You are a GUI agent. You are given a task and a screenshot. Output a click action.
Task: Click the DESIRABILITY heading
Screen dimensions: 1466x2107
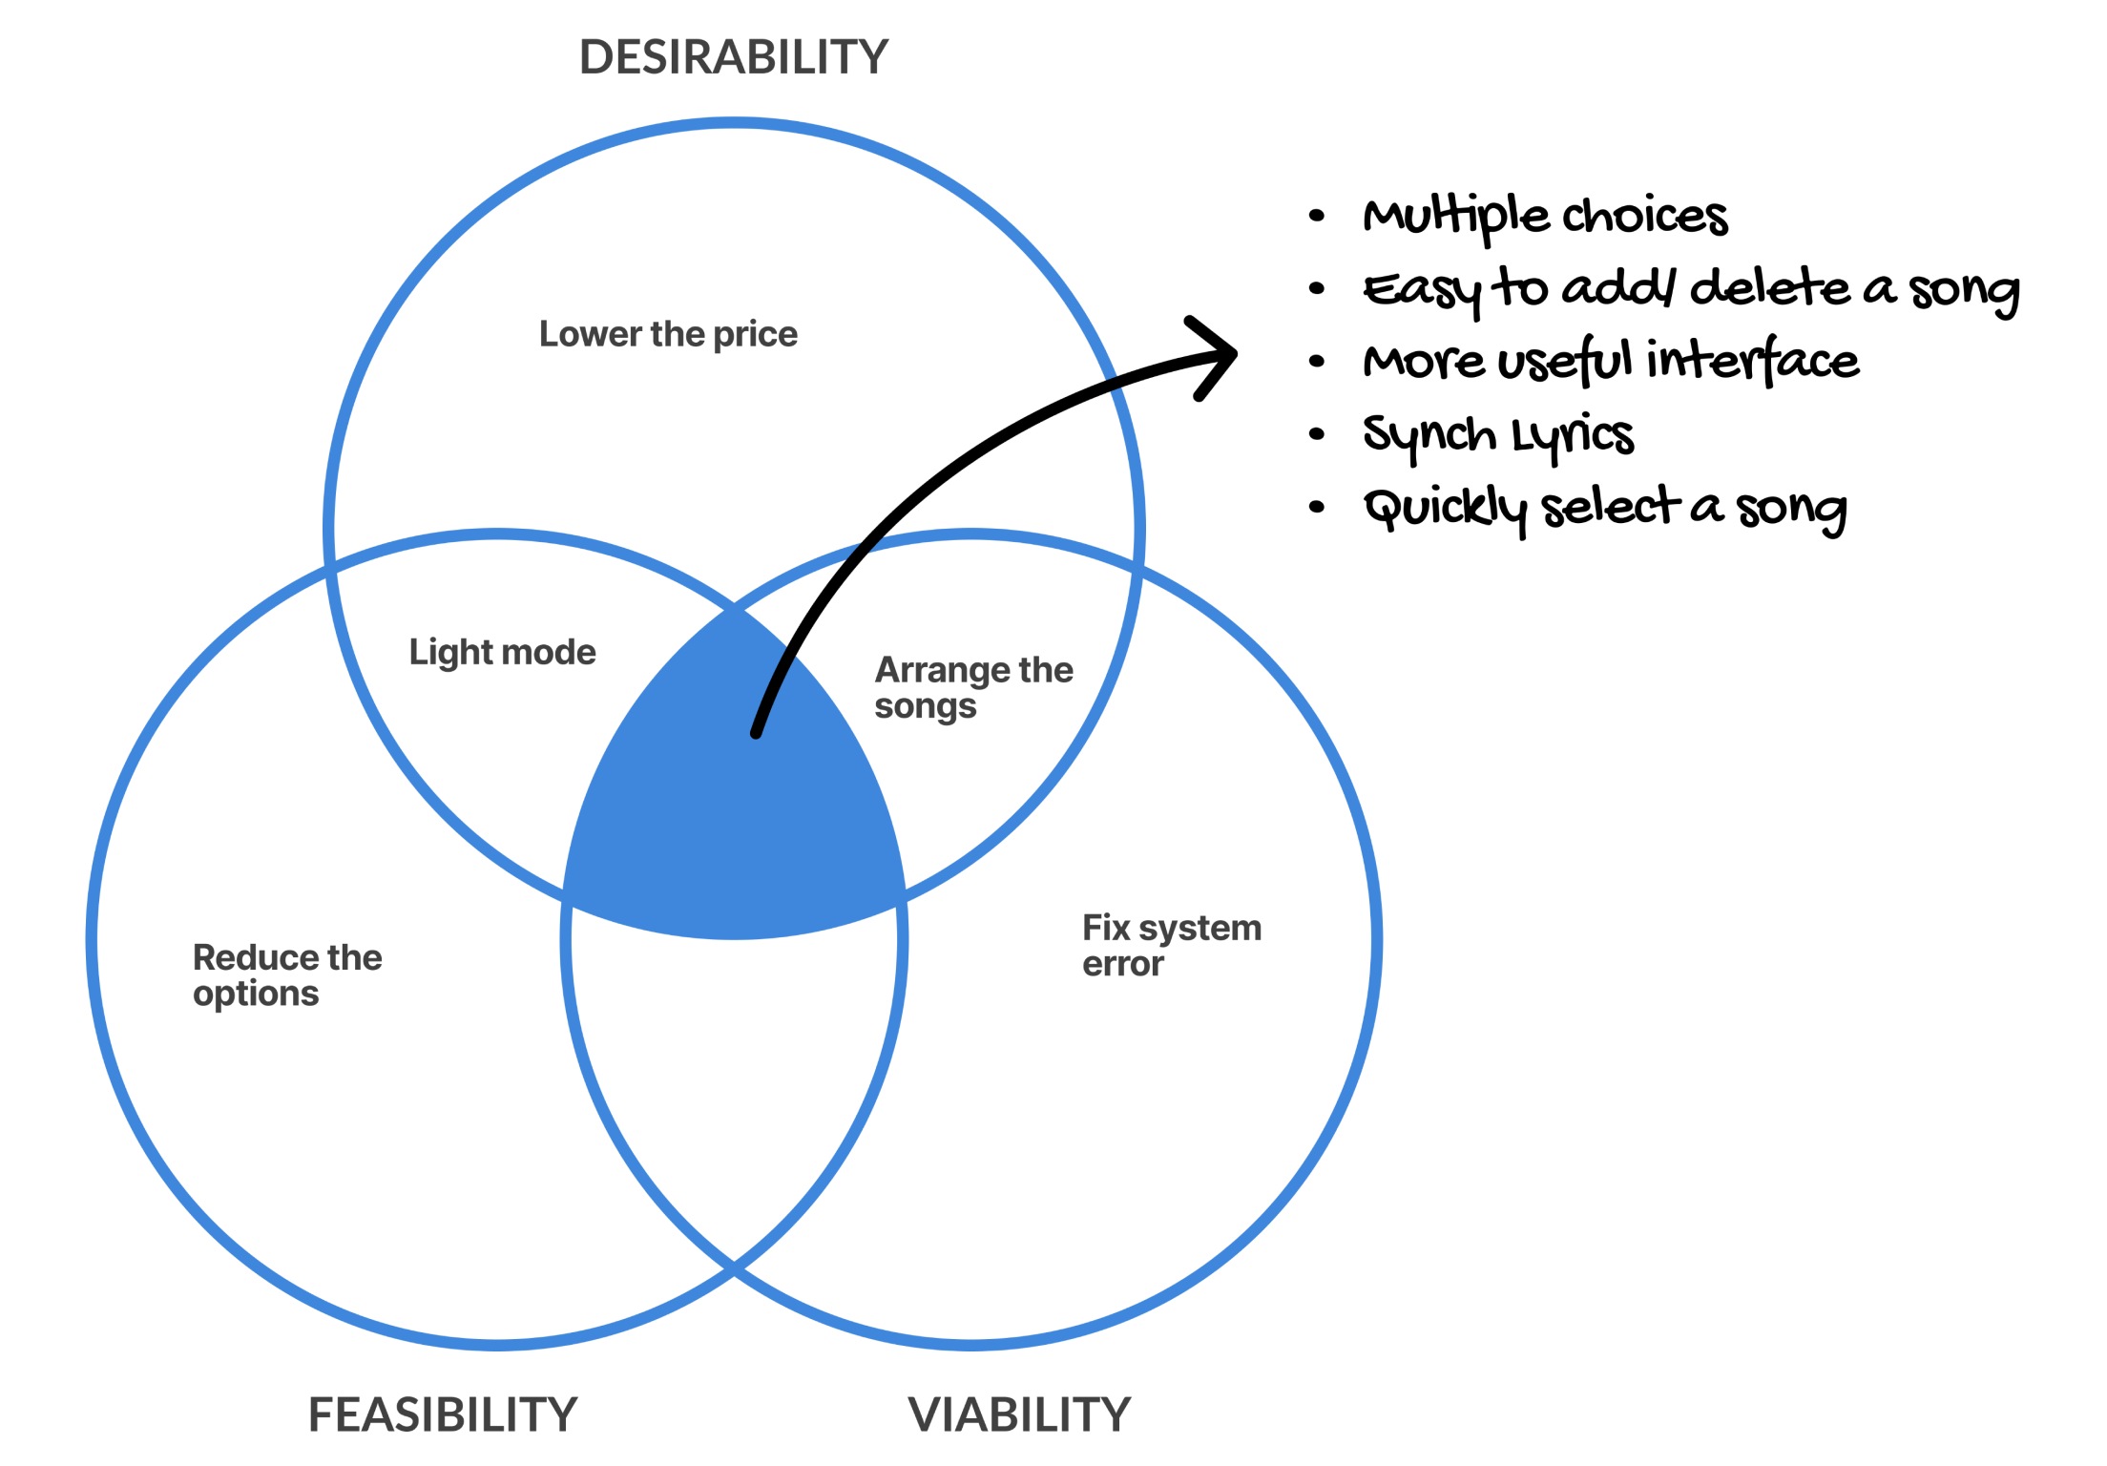coord(733,57)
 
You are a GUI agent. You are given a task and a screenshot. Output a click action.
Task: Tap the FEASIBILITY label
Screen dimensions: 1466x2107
coord(443,1414)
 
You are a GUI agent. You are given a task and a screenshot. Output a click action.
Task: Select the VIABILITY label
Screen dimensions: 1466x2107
coord(1018,1414)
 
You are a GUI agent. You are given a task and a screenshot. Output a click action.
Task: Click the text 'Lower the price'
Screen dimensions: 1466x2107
coord(668,334)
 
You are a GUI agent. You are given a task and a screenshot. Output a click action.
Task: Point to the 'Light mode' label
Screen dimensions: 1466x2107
coord(502,652)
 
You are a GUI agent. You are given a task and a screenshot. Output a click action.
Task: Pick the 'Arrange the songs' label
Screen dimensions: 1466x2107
coord(972,687)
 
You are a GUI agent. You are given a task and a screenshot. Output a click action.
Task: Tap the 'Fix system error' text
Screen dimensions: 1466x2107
coord(1171,945)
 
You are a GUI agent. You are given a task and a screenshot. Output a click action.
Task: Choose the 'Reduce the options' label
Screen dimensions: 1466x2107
coord(286,974)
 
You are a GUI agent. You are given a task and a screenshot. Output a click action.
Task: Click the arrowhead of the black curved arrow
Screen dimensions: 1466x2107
coord(1217,356)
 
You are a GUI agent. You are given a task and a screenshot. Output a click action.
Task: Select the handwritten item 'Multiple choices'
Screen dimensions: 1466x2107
coord(1545,217)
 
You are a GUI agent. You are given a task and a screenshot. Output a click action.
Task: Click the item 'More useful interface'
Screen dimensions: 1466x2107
coord(1611,362)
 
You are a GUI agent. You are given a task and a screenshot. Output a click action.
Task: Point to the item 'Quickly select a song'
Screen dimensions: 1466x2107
coord(1604,509)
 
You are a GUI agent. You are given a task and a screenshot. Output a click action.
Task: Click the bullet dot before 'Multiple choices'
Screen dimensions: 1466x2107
coord(1317,216)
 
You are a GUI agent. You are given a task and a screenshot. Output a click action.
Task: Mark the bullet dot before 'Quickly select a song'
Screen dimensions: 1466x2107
coord(1317,507)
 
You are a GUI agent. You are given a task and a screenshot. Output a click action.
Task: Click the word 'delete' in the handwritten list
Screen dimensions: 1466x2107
coord(1769,288)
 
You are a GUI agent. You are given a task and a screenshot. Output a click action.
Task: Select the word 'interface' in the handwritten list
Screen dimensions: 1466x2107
coord(1752,361)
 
